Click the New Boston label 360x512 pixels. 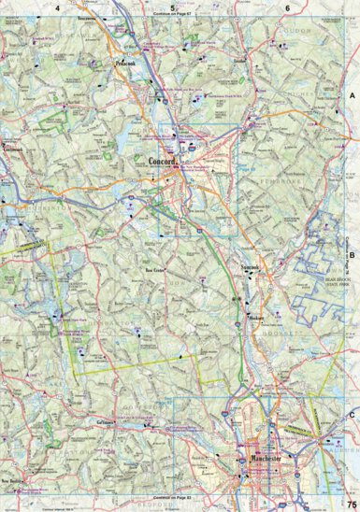tap(11, 480)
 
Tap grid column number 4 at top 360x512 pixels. tap(58, 7)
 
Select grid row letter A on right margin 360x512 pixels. tap(353, 96)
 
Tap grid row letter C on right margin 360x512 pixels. tap(353, 415)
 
